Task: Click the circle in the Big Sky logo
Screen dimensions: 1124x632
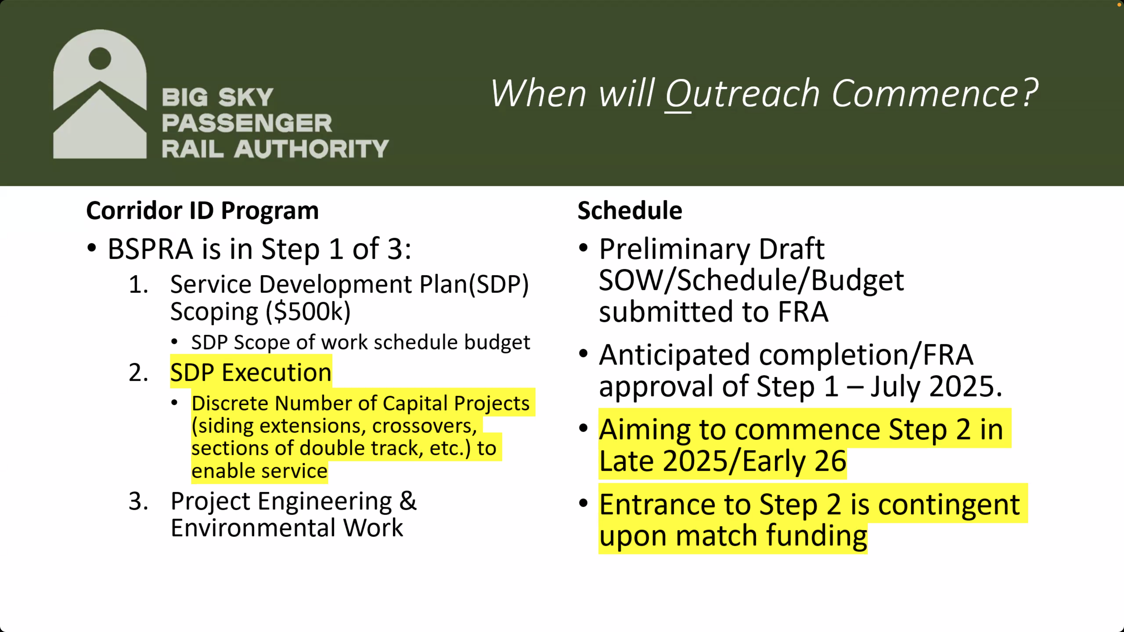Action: pos(100,58)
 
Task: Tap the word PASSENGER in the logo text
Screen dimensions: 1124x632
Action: pos(247,123)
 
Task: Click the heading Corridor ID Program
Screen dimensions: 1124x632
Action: pos(203,211)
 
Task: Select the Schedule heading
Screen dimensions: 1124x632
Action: pos(630,211)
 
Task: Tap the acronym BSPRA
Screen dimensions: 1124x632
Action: pos(150,250)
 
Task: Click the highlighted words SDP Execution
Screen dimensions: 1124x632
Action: pos(251,373)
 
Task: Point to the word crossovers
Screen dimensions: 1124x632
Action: pos(424,426)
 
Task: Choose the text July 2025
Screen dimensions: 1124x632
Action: pos(936,387)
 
